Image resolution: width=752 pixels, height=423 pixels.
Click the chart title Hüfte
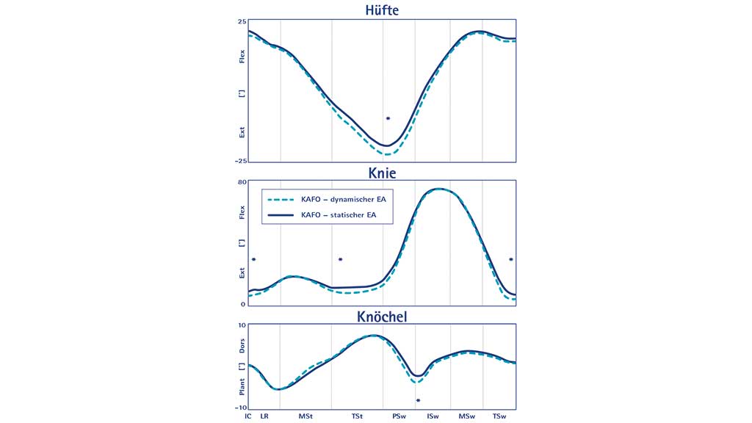(x=382, y=10)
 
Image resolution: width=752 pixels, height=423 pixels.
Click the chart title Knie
(x=382, y=173)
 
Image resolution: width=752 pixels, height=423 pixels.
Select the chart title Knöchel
(x=382, y=317)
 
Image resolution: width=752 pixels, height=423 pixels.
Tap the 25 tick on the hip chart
(x=242, y=22)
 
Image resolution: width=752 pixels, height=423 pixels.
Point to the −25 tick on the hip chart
(x=239, y=161)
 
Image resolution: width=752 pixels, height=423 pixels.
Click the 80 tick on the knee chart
(x=242, y=183)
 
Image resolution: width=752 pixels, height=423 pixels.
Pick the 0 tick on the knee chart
(x=243, y=304)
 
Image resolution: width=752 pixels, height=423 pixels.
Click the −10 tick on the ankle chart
(x=239, y=408)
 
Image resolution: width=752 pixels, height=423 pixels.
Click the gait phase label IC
(x=248, y=416)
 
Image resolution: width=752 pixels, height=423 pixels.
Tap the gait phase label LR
(x=264, y=416)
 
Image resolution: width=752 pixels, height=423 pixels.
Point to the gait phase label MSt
(x=305, y=416)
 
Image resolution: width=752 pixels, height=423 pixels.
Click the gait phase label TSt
(x=357, y=416)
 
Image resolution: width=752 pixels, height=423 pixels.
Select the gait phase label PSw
(x=399, y=416)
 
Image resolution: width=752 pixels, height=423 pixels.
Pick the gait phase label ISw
(x=433, y=416)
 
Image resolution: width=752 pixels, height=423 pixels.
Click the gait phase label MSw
(x=466, y=416)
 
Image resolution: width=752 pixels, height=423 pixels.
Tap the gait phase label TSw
(x=499, y=416)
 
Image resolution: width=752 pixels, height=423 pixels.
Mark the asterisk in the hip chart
(x=388, y=118)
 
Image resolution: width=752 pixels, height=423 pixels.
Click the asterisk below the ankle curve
(x=418, y=400)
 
